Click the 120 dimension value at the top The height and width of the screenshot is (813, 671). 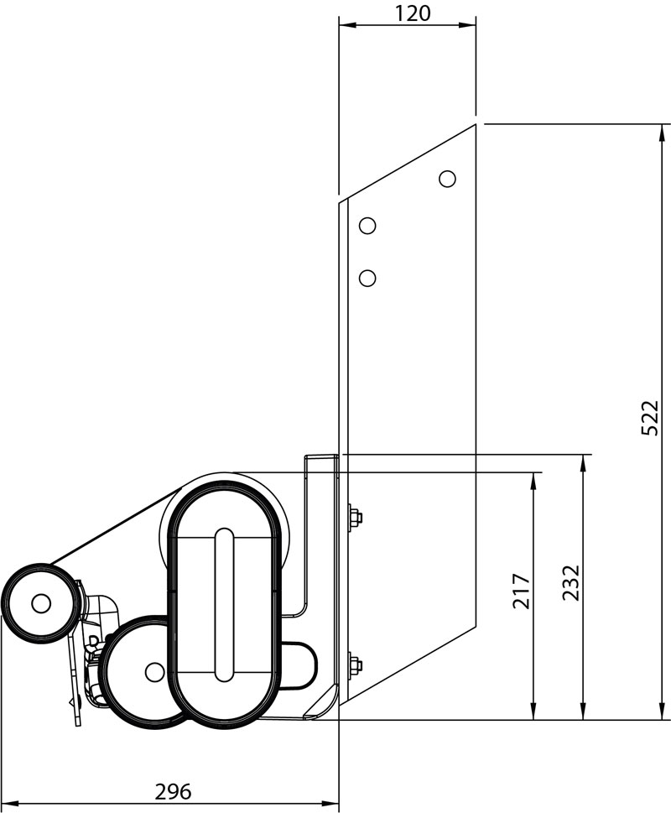(413, 13)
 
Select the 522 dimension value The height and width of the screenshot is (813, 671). (650, 418)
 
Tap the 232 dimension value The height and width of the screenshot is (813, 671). (571, 582)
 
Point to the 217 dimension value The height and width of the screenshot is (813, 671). (521, 592)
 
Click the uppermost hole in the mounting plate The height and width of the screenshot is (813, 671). (447, 179)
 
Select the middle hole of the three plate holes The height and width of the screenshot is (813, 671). (367, 226)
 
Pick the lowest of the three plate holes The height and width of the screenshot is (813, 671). (367, 278)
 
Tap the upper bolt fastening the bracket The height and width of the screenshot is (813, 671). (354, 517)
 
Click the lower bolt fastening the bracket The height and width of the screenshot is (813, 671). (354, 665)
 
